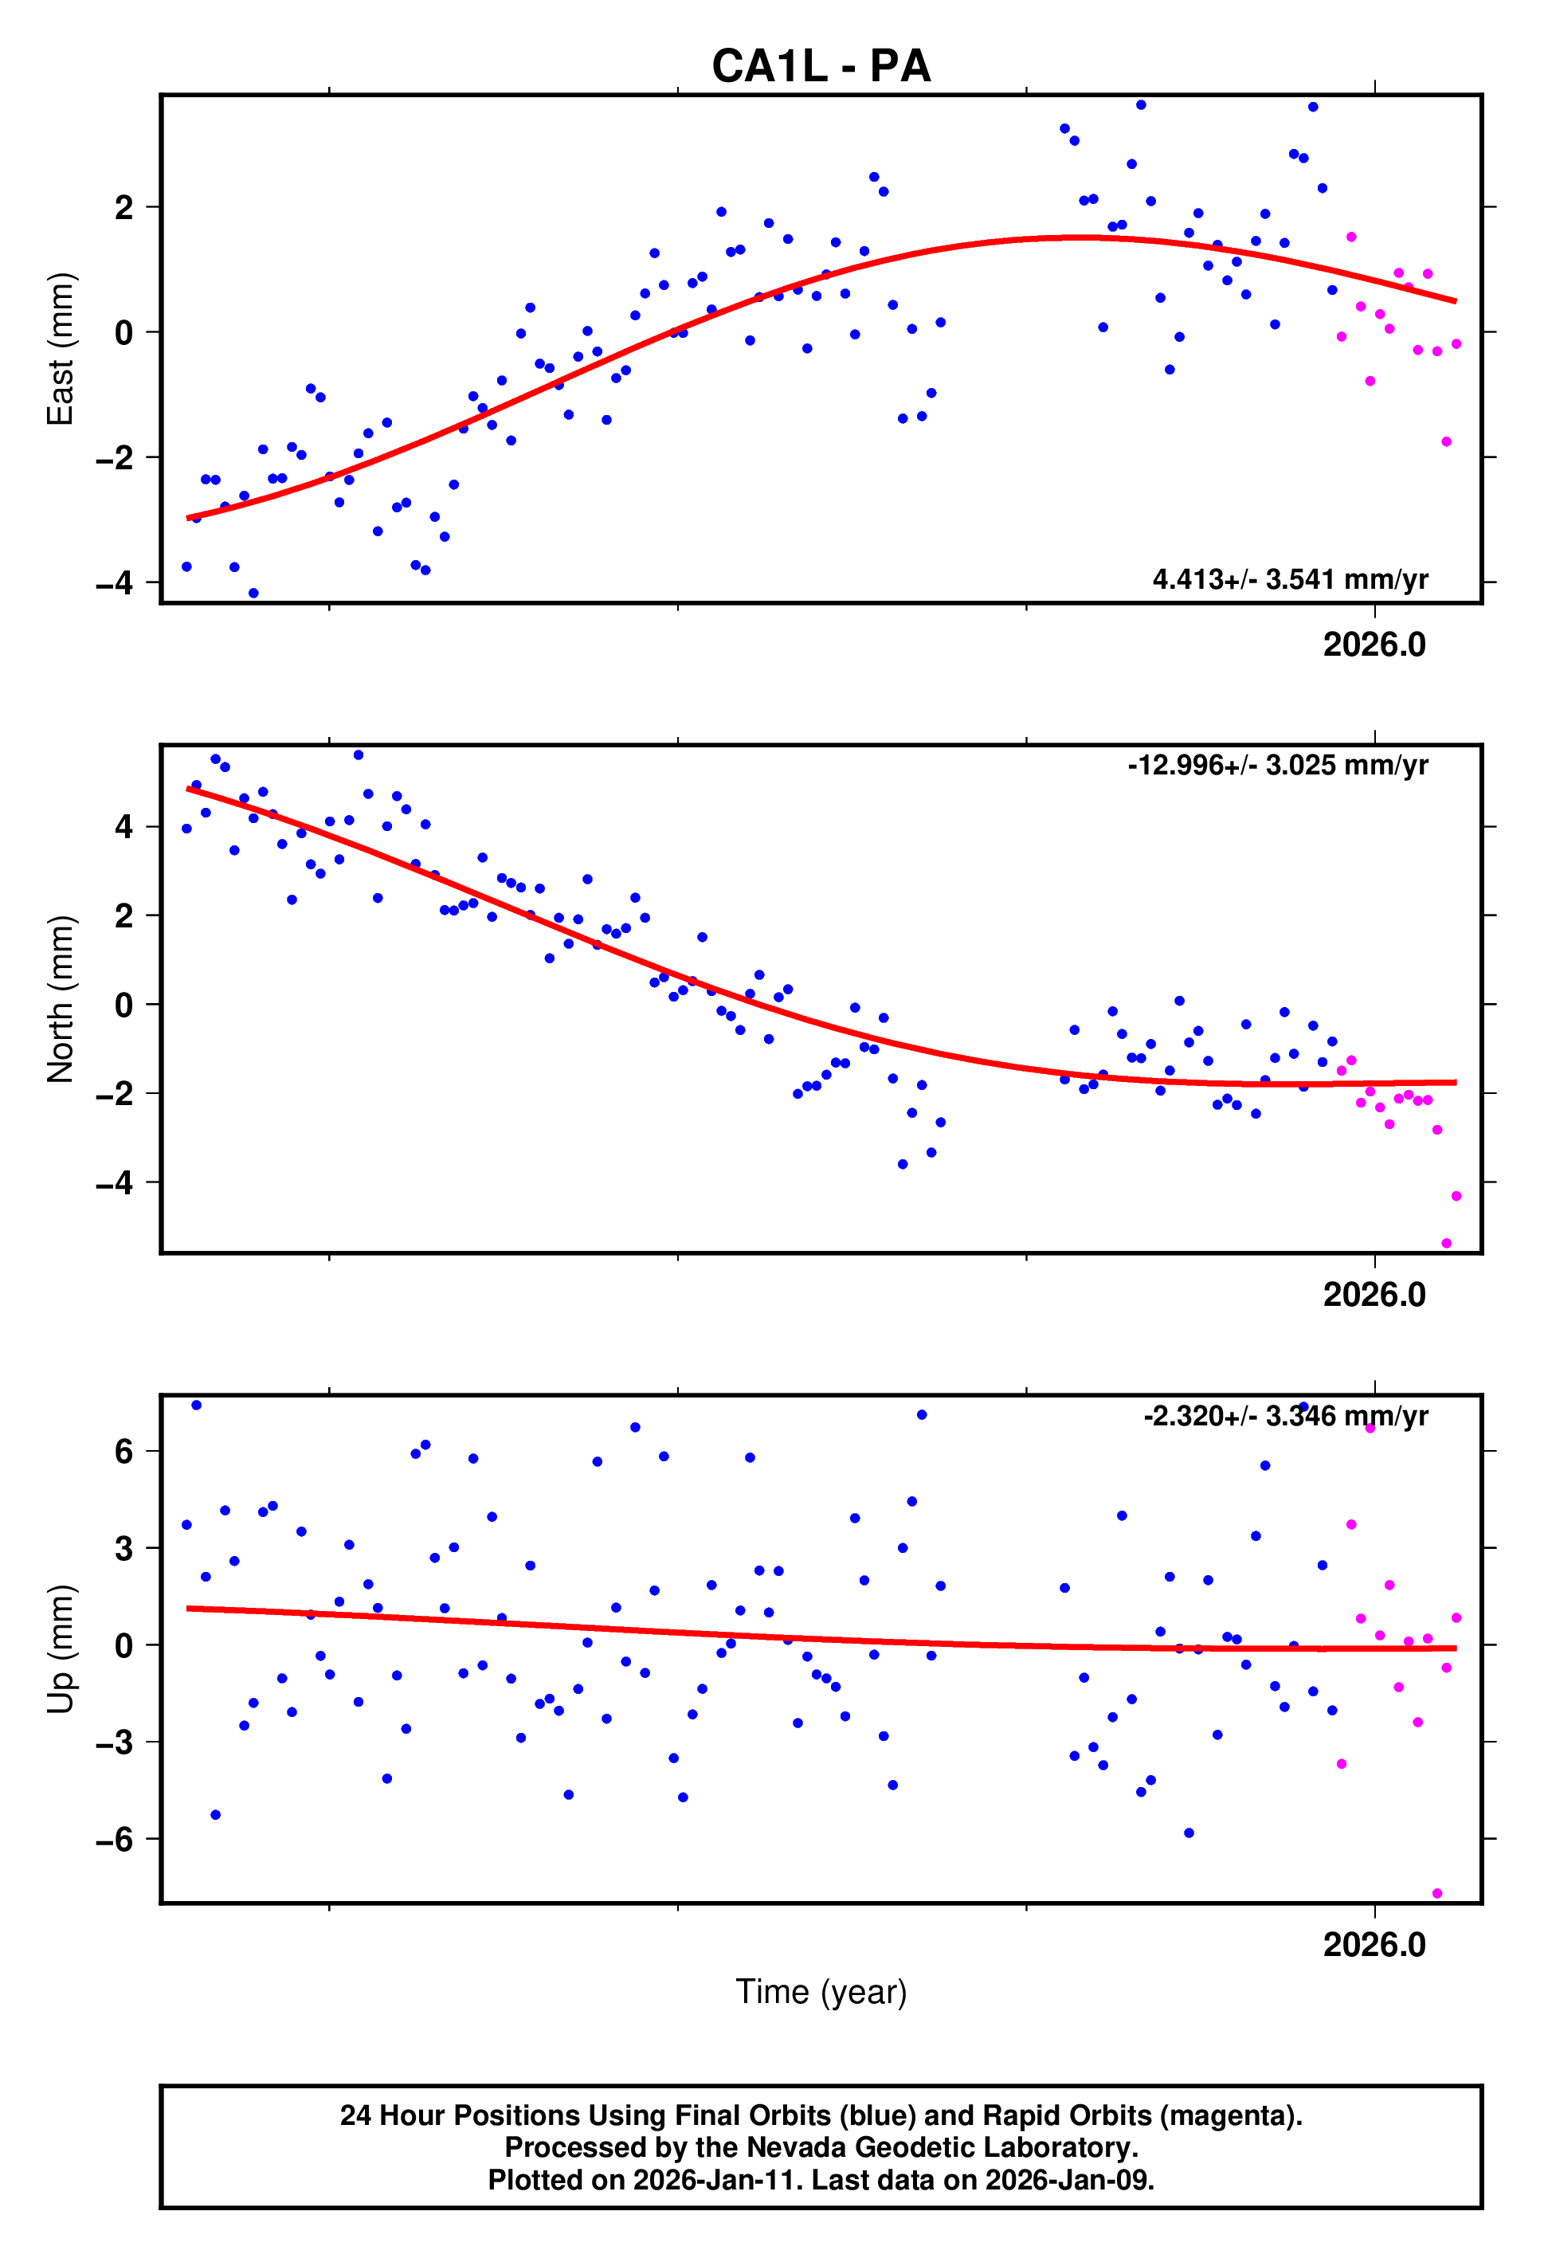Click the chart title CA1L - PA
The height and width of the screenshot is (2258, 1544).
coord(821,66)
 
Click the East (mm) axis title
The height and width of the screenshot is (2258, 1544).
coord(61,349)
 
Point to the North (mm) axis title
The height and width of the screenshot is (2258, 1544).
coord(61,999)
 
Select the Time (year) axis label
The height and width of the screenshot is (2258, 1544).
coord(821,1992)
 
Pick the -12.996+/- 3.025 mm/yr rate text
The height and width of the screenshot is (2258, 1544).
coord(1277,766)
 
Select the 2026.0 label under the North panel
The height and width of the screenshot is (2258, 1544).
coord(1374,1294)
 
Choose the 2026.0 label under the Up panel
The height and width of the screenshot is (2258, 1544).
coord(1374,1944)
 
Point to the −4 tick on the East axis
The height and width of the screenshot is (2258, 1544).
coord(115,583)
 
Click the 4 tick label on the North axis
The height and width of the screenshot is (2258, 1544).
coord(123,827)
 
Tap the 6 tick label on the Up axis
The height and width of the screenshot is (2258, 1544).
coord(123,1452)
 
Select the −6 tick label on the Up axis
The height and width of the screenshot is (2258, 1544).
coord(115,1839)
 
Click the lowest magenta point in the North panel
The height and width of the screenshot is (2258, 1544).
coord(1446,1244)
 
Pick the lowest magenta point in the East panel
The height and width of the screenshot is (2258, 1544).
coord(1446,442)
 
